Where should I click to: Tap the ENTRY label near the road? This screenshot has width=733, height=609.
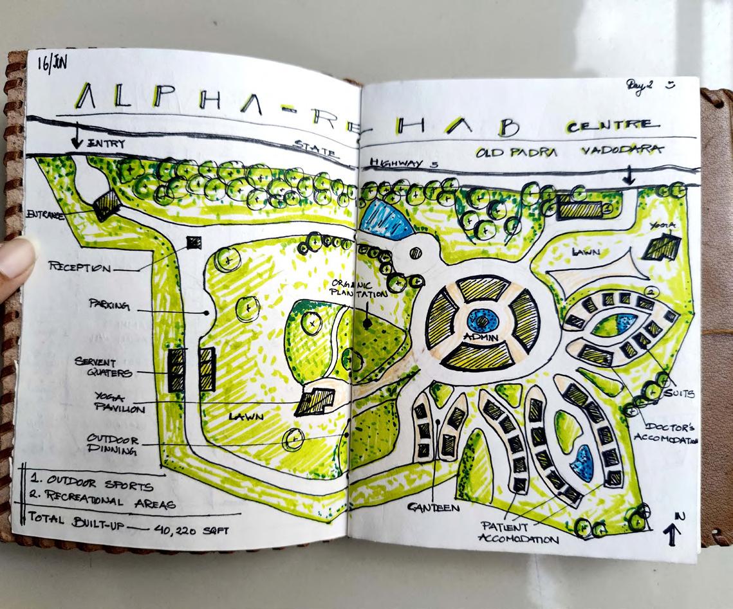106,143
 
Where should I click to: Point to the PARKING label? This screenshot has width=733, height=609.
109,306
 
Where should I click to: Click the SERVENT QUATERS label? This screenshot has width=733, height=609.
103,367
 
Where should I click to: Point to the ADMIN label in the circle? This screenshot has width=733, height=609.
479,337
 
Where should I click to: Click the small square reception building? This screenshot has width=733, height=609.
194,242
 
